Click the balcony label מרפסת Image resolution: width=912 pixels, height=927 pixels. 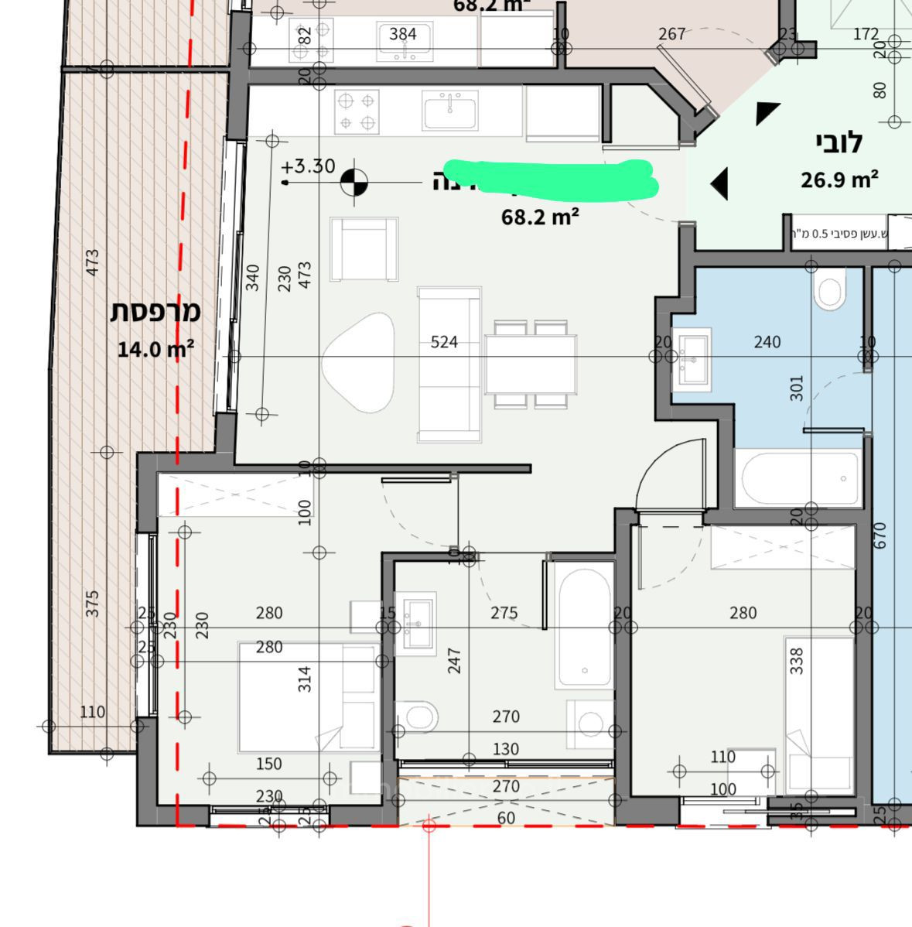(155, 312)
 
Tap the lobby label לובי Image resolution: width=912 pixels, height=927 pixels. (839, 142)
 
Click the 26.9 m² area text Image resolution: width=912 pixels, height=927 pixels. (839, 180)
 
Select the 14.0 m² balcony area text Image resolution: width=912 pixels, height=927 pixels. (155, 349)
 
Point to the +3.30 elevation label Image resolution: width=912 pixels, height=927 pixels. (308, 166)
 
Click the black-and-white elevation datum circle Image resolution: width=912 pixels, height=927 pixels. (354, 183)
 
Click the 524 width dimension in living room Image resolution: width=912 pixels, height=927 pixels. (444, 342)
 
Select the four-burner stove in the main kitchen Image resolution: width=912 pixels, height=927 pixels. (357, 111)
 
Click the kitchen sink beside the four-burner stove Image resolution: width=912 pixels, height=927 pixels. (450, 111)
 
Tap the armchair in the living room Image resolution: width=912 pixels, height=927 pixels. (364, 249)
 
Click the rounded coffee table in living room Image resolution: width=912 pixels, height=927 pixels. (359, 362)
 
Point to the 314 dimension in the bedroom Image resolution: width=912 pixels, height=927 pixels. (305, 679)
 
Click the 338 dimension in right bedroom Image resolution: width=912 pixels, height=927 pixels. (797, 660)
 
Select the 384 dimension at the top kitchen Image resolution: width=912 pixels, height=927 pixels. (402, 34)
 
